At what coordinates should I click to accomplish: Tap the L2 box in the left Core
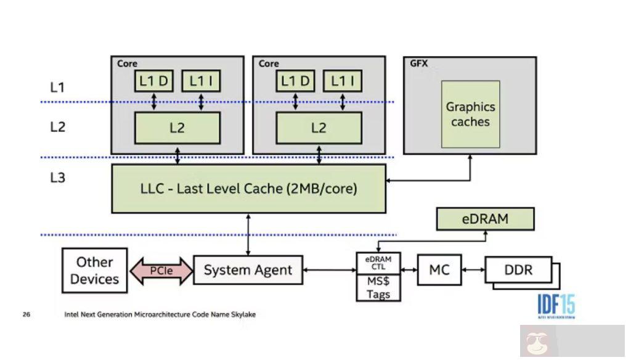click(177, 128)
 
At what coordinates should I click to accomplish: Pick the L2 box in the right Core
click(319, 128)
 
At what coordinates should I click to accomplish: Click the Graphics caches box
click(470, 114)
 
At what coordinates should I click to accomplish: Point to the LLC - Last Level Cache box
click(248, 189)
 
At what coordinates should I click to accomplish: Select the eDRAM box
click(485, 219)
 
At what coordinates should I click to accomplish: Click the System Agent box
click(248, 270)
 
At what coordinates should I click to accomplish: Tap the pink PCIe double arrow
click(161, 271)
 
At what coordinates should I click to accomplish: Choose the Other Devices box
click(95, 271)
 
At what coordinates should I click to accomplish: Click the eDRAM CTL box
click(378, 263)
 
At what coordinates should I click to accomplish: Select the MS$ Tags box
click(378, 287)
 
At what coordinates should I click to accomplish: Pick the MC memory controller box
click(439, 269)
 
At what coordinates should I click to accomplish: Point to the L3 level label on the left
click(57, 178)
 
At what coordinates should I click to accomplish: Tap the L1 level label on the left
click(57, 88)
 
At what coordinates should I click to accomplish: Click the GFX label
click(419, 63)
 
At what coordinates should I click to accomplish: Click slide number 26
click(26, 314)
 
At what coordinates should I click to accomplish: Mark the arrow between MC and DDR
click(473, 269)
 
